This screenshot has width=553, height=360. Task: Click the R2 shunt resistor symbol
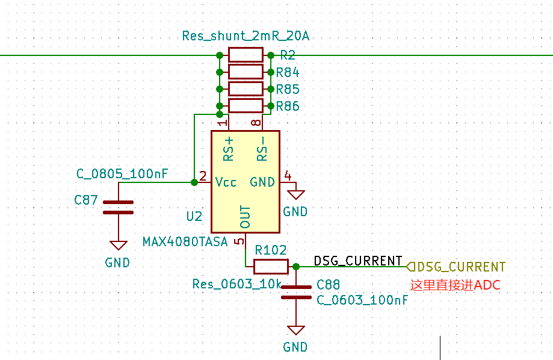click(246, 55)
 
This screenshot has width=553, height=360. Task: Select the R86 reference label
click(288, 107)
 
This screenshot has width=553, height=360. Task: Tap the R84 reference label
click(288, 73)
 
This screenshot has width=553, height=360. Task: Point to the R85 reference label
click(288, 90)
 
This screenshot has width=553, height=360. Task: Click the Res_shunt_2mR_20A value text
click(246, 36)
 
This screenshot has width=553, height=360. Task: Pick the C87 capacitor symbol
click(118, 207)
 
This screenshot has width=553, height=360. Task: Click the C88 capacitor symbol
click(295, 292)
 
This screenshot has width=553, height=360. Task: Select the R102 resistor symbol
click(270, 266)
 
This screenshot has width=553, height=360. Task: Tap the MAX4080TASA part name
click(185, 242)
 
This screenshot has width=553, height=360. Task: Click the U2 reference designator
click(194, 216)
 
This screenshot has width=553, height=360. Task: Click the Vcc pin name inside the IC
click(226, 182)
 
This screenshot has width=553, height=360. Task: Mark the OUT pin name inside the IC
click(245, 217)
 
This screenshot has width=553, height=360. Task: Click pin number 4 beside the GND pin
click(288, 176)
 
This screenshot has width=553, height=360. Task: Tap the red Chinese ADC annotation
click(455, 285)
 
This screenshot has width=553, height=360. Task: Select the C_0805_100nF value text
click(122, 174)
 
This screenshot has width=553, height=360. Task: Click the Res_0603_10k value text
click(236, 284)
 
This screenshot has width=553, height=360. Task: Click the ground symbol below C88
click(295, 330)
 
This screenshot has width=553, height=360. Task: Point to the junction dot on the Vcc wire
click(194, 182)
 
